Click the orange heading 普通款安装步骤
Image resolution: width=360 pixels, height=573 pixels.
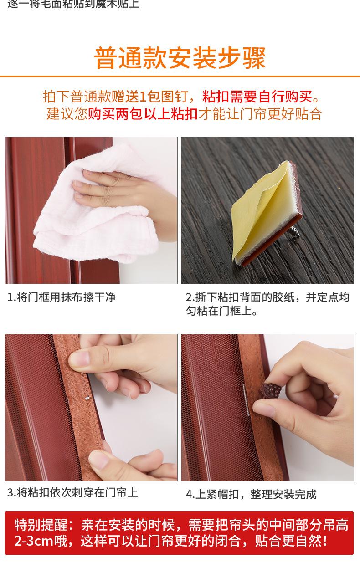pos(180,58)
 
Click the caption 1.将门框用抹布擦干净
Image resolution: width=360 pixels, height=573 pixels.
pos(62,297)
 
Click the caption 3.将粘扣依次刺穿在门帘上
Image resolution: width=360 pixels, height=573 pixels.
pos(72,492)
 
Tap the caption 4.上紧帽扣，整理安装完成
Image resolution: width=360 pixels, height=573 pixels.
pos(251,494)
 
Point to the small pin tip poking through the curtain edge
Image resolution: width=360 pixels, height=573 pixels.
pos(85,398)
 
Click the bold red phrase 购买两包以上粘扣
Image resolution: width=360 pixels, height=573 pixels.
pos(143,113)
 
